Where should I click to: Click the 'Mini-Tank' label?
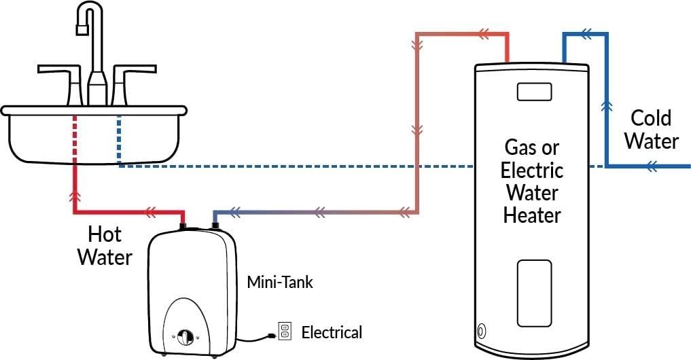point(281,282)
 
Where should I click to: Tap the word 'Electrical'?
point(332,332)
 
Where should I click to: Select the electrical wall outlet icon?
point(284,331)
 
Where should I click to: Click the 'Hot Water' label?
point(104,246)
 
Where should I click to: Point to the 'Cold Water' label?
point(652,129)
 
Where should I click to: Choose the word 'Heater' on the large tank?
point(532,215)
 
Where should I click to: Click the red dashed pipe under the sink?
point(75,139)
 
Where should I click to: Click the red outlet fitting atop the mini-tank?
point(183,223)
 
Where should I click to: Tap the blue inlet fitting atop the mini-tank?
point(215,223)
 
